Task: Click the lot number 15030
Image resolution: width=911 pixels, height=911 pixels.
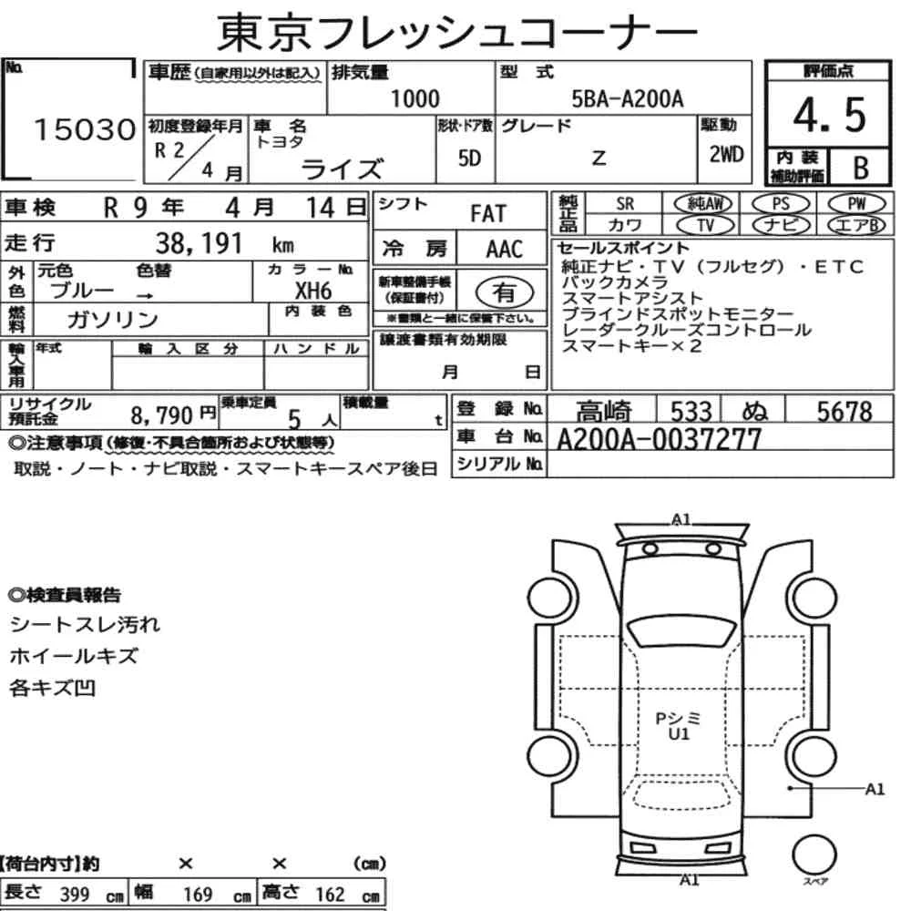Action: point(85,129)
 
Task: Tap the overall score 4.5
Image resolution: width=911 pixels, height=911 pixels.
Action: point(829,115)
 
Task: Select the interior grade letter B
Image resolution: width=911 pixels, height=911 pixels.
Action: point(861,168)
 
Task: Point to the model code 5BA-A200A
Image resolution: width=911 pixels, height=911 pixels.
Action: point(628,99)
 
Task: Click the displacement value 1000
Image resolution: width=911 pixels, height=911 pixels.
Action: point(415,98)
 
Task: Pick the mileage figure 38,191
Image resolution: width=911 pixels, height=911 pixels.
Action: point(199,243)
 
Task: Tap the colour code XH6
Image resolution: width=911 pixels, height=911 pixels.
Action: point(313,291)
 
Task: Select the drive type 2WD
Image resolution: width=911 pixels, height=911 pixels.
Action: point(726,154)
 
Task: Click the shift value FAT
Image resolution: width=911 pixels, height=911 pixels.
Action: point(488,214)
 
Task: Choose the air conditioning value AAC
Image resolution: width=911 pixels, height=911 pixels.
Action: point(505,250)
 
